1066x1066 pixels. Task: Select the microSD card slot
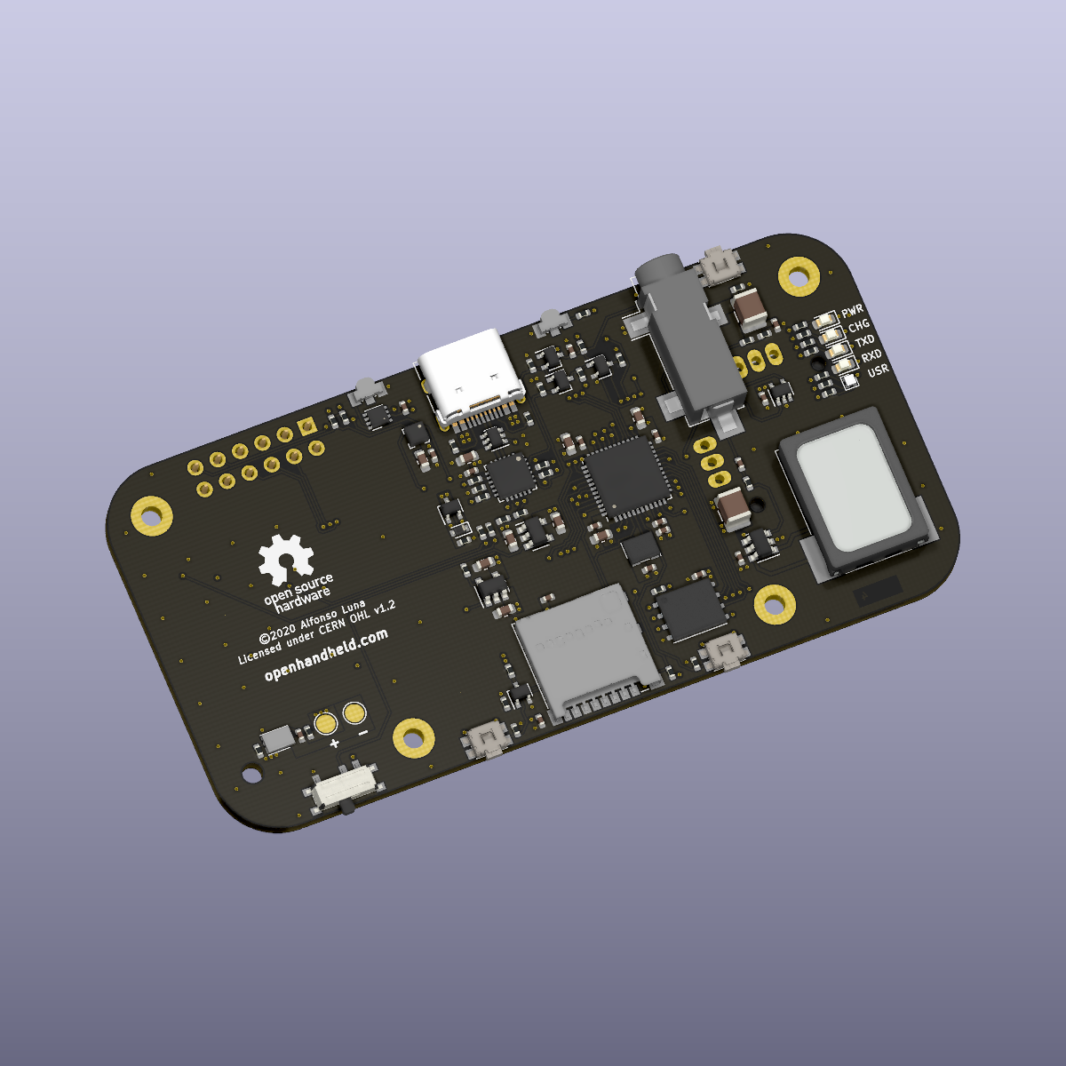(589, 653)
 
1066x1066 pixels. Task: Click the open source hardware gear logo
(287, 560)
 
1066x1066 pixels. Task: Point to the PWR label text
(852, 310)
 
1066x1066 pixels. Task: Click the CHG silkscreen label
(858, 325)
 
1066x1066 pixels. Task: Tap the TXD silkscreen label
(864, 341)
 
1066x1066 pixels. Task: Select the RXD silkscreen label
(871, 355)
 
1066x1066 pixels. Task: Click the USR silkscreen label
(878, 370)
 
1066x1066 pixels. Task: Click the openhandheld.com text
(326, 655)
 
